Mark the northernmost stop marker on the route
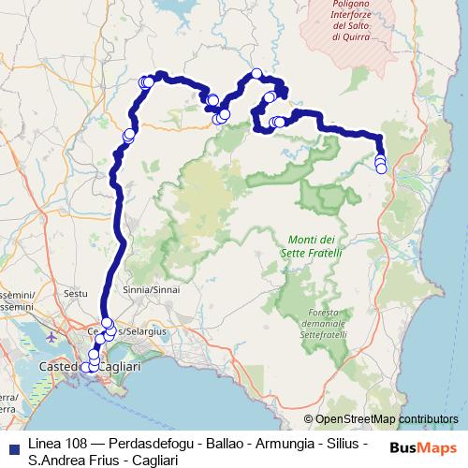coord(256,74)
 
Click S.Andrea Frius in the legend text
coord(66,460)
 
